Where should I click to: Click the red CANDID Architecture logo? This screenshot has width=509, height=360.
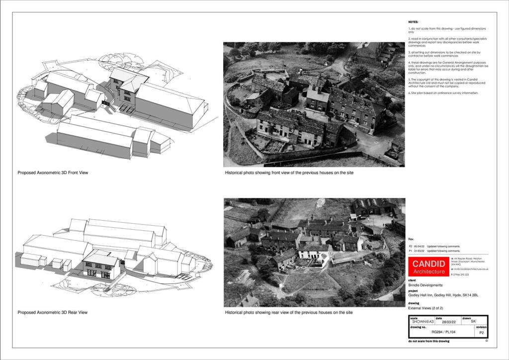coord(429,267)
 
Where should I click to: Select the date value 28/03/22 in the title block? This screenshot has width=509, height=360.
coord(442,322)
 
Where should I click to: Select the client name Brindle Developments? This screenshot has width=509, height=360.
coord(425,285)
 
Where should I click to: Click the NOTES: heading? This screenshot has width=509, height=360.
coord(413,22)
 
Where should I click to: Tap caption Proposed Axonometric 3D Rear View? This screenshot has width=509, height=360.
coord(52,312)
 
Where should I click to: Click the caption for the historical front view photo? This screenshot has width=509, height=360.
coord(289,173)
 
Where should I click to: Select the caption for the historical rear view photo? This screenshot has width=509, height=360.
coord(288,312)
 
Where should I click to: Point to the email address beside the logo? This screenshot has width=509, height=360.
coord(470,269)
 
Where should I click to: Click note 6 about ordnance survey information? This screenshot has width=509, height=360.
coord(443,93)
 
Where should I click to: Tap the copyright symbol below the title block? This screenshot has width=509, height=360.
coord(486,341)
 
